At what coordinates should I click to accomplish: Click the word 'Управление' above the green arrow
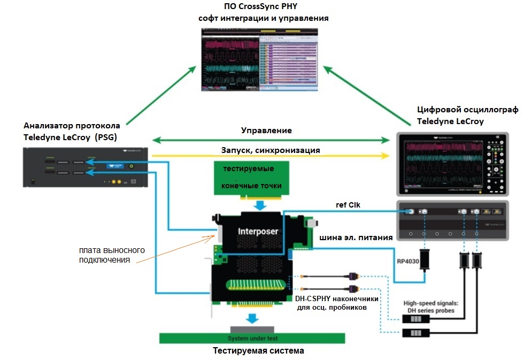tap(266, 130)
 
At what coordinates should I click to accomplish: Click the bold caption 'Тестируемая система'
tap(258, 351)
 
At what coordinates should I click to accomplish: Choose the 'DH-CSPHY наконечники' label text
tap(337, 299)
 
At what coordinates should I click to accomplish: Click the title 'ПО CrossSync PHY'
tap(263, 7)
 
